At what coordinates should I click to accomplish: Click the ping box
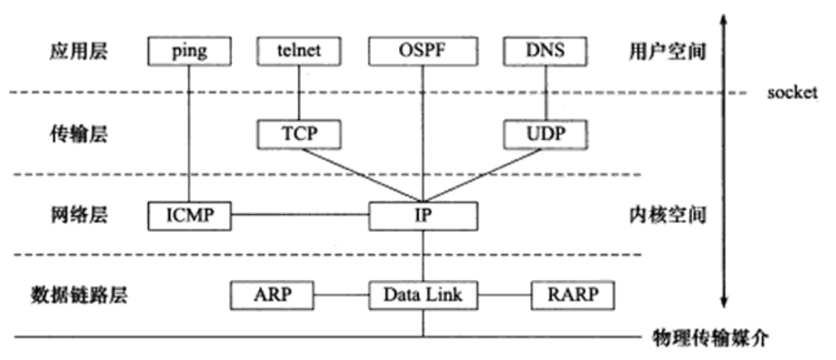tap(190, 51)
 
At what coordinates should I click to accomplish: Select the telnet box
tap(299, 51)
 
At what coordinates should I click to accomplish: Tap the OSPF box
tap(423, 51)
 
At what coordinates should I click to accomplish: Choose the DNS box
tap(545, 51)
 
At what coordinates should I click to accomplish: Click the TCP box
tap(299, 134)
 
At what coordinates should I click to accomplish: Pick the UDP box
tap(545, 134)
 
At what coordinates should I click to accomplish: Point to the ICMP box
tap(190, 216)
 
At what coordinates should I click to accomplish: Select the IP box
tap(423, 216)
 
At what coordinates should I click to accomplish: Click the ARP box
tap(273, 295)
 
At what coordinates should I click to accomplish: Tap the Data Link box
tap(423, 295)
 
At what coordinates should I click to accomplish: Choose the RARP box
tap(573, 295)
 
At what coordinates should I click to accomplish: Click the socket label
tap(792, 92)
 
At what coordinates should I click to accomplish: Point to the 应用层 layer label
tap(78, 52)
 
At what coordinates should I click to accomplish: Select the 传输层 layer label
tap(78, 134)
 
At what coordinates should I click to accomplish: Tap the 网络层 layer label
tap(78, 216)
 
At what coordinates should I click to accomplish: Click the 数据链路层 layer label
tap(79, 295)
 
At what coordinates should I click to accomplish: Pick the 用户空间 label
tap(667, 52)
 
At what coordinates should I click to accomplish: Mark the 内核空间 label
tap(667, 216)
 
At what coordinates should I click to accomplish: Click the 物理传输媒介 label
tap(710, 337)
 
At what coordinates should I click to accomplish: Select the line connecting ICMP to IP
tap(300, 216)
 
